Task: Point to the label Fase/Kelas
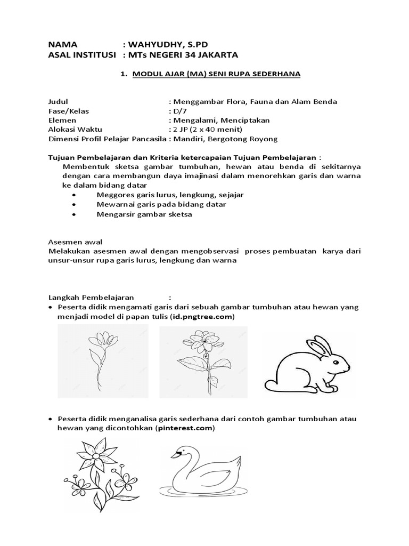pyautogui.click(x=69, y=111)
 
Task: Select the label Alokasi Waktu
pyautogui.click(x=75, y=130)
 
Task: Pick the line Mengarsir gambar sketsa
pyautogui.click(x=144, y=214)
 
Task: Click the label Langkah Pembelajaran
pyautogui.click(x=91, y=297)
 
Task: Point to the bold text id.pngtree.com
pyautogui.click(x=202, y=317)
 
